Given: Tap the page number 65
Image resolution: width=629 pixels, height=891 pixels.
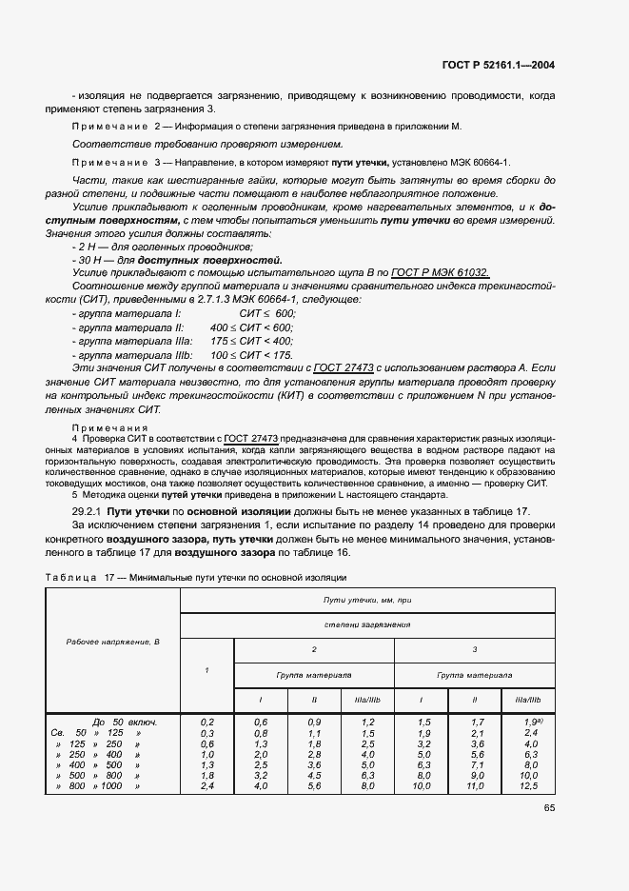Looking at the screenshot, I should (x=548, y=809).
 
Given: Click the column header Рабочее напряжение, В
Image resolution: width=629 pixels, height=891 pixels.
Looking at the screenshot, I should (x=113, y=642).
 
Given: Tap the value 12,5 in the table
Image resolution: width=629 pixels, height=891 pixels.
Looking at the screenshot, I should (x=530, y=786).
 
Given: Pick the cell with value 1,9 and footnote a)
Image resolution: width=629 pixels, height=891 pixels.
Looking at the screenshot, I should (x=531, y=723).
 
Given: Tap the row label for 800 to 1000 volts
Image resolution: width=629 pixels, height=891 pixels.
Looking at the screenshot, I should (x=98, y=786).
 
